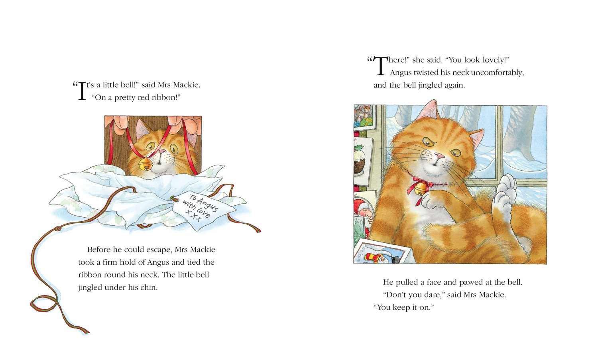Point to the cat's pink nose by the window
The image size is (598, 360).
click(x=439, y=156)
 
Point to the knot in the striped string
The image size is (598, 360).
click(x=57, y=229)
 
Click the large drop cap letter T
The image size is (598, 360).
click(x=380, y=65)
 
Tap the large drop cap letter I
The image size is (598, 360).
click(x=82, y=91)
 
